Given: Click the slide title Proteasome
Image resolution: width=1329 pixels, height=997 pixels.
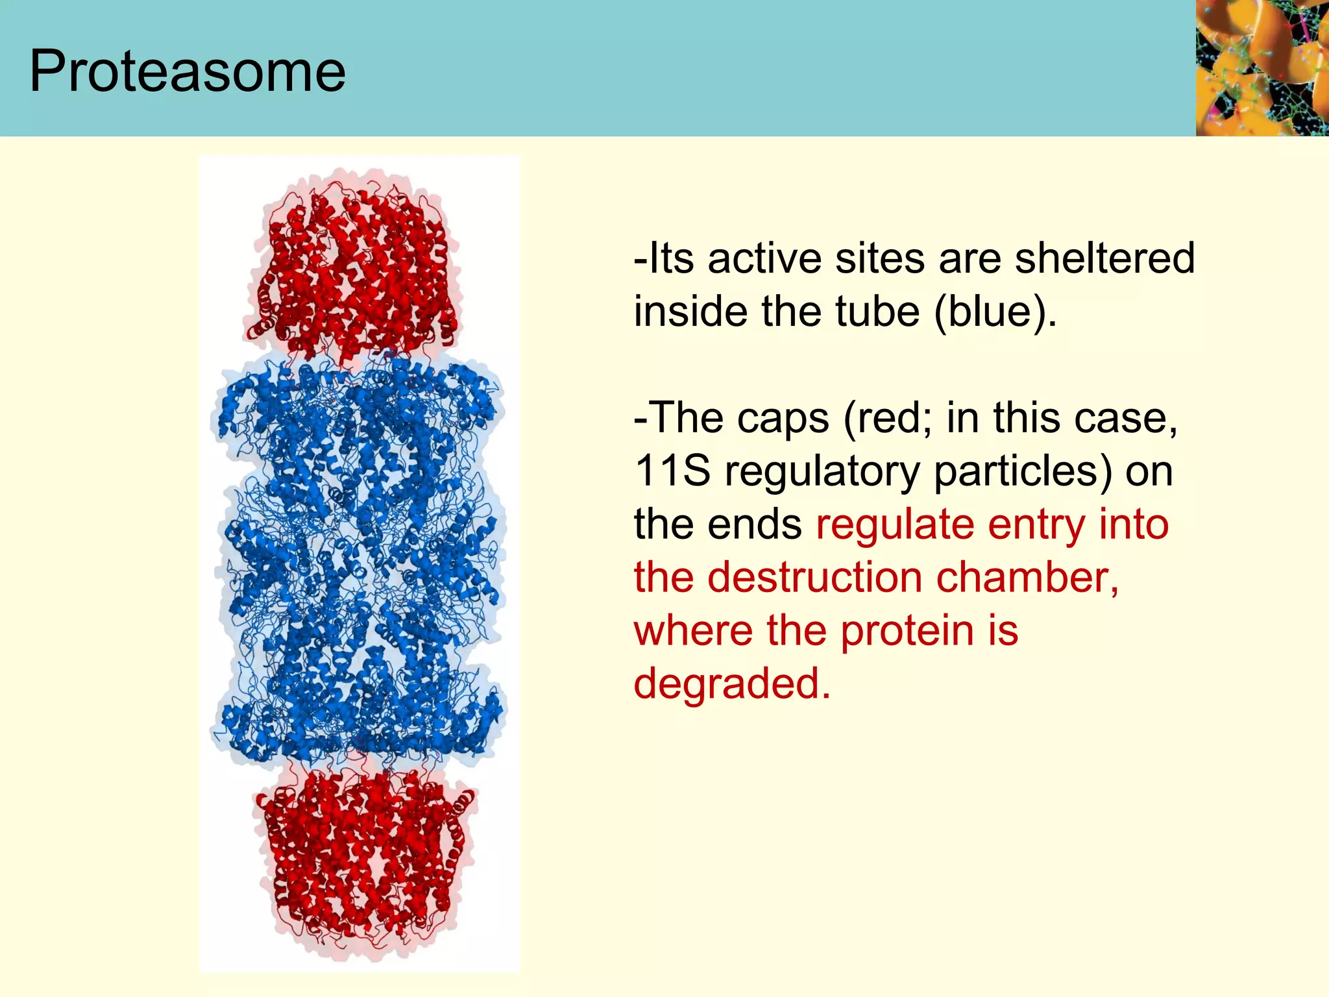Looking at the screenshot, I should click(x=188, y=71).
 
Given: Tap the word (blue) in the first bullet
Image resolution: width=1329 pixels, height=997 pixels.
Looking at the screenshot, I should click(x=995, y=312).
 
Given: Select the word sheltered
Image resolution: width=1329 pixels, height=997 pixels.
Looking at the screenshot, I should click(x=1104, y=258).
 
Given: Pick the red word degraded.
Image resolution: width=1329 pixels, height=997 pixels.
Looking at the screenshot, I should click(x=731, y=683).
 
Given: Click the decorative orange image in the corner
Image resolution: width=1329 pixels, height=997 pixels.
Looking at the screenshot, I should click(x=1262, y=68).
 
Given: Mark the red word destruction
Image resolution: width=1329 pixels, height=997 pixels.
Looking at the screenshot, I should click(x=814, y=577).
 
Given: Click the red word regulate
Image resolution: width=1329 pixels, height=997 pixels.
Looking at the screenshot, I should click(x=895, y=524).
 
